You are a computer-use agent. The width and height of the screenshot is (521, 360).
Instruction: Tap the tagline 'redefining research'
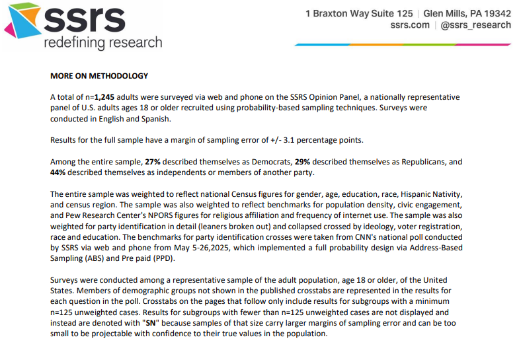102,43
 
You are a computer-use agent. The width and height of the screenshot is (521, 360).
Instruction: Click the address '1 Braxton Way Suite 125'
359,13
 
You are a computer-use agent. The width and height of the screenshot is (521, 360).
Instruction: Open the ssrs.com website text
409,25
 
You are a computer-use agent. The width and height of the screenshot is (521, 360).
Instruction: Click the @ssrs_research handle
475,25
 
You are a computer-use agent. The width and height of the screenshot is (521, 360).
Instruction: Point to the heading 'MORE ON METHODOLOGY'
99,76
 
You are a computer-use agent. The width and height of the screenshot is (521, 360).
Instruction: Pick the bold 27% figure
153,162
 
